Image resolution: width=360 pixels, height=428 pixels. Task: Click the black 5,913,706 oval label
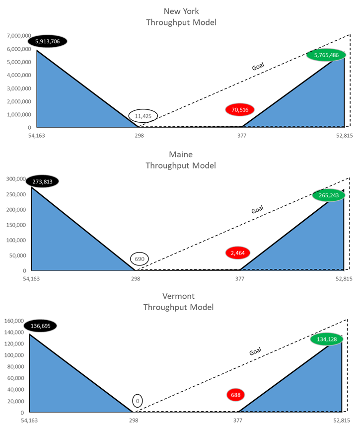pyautogui.click(x=47, y=41)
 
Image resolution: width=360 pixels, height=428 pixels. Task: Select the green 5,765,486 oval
pyautogui.click(x=326, y=55)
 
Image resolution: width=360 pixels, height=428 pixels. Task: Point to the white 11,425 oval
pyautogui.click(x=143, y=116)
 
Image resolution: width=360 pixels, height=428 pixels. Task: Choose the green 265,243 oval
pyautogui.click(x=329, y=195)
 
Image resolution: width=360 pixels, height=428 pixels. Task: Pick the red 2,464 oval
pyautogui.click(x=237, y=253)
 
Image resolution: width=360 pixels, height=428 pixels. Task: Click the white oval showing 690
pyautogui.click(x=140, y=259)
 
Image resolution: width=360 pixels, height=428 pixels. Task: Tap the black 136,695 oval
pyautogui.click(x=42, y=326)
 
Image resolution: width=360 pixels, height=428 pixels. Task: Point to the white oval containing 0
pyautogui.click(x=137, y=401)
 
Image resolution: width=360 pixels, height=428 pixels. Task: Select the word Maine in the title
pyautogui.click(x=181, y=154)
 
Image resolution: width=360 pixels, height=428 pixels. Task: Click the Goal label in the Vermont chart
pyautogui.click(x=255, y=351)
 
